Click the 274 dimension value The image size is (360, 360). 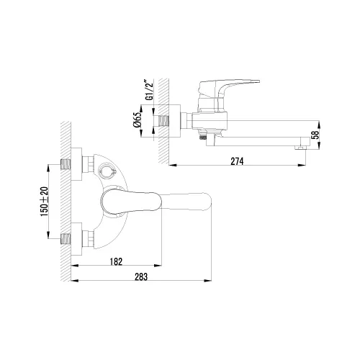click(x=238, y=161)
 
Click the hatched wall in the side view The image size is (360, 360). click(x=163, y=115)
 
